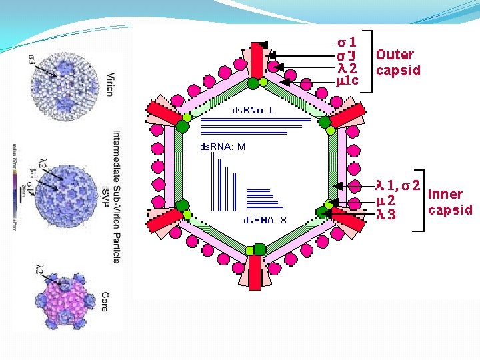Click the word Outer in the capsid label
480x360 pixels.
click(395, 55)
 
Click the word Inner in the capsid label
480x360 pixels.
click(445, 194)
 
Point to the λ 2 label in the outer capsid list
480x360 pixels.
click(347, 68)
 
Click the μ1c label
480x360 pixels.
click(347, 81)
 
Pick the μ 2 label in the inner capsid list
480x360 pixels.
click(388, 200)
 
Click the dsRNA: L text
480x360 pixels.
click(253, 110)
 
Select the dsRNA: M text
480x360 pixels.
click(223, 147)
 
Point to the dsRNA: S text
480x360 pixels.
click(265, 219)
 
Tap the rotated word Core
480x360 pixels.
click(104, 301)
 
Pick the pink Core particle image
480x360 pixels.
click(65, 301)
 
